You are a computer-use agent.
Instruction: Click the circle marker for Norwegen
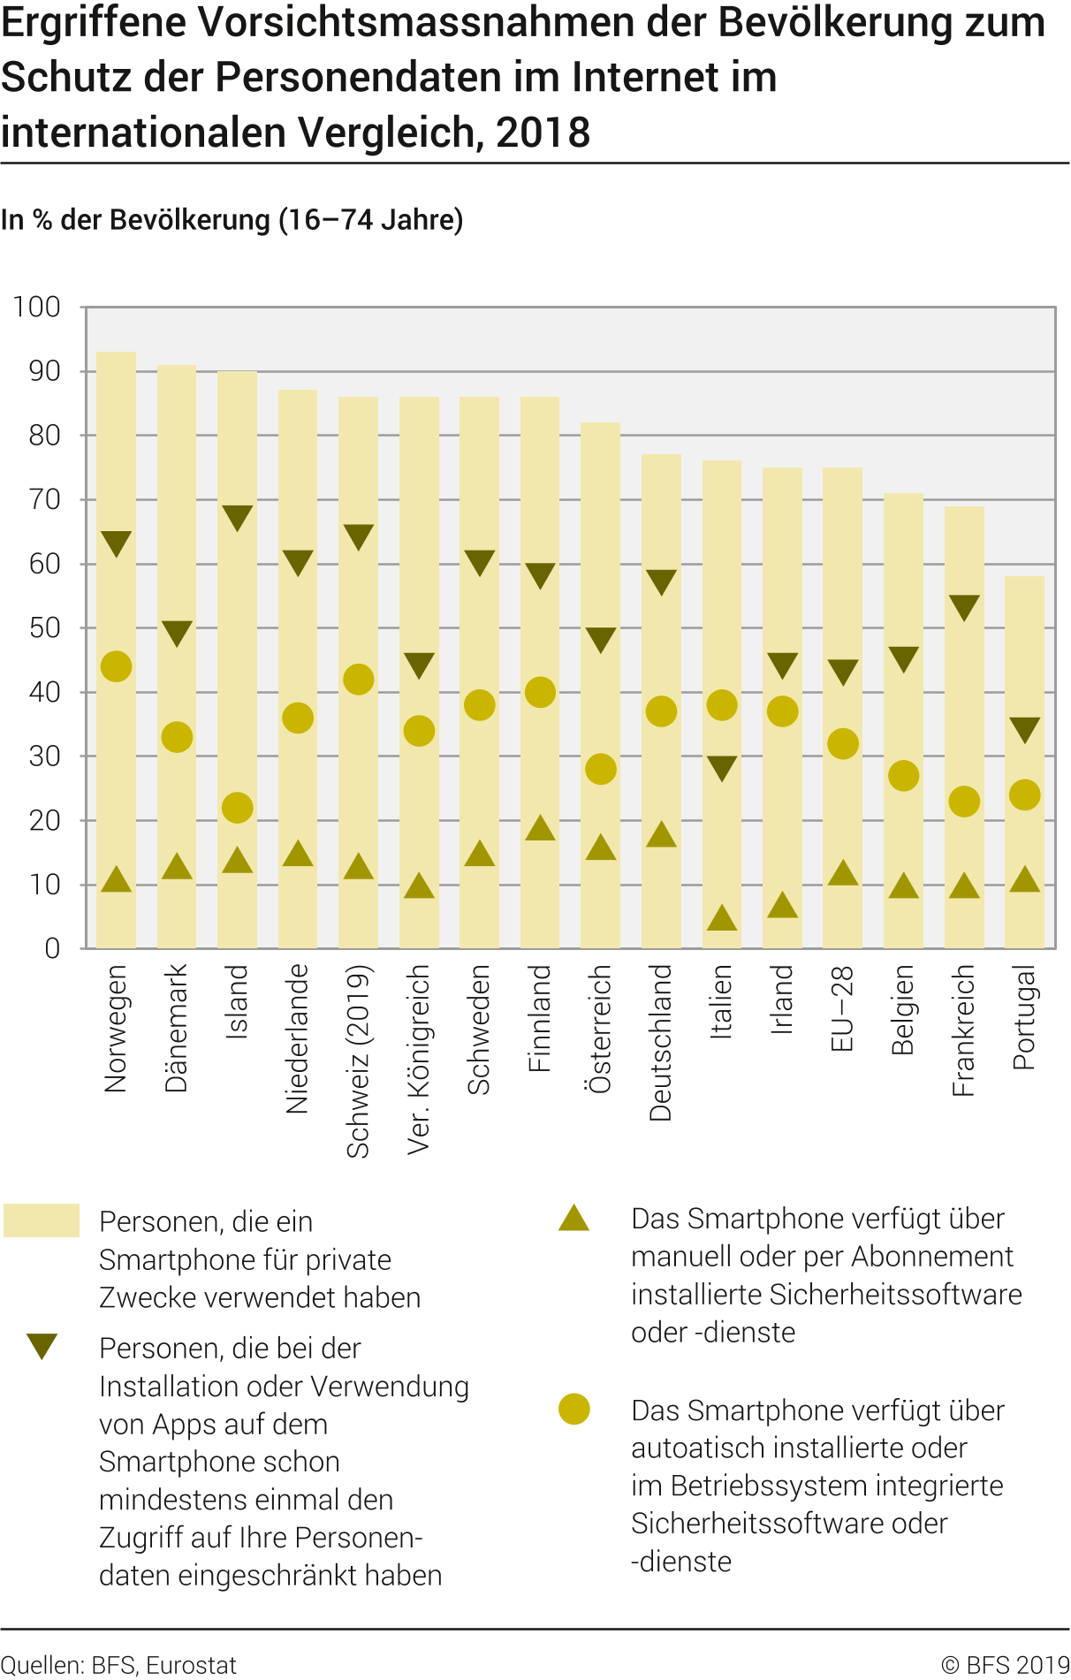coord(116,666)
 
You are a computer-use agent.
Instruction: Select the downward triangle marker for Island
coord(238,517)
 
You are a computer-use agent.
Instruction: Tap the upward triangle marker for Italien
coord(722,918)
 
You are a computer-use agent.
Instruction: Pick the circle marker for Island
coord(238,808)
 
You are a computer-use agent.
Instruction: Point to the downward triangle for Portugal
coord(1025,729)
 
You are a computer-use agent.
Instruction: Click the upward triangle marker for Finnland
coord(540,828)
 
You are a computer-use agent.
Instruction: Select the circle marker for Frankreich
coord(964,802)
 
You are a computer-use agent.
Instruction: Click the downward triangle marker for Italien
coord(722,768)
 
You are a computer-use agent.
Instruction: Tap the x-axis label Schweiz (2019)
coord(358,1061)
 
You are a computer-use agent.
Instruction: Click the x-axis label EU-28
coord(843,1008)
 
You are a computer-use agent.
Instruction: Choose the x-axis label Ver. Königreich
coord(419,1060)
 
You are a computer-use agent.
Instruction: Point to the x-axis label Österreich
coord(601,1030)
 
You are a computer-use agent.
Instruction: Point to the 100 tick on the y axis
coord(37,308)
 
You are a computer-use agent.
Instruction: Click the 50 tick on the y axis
coord(44,628)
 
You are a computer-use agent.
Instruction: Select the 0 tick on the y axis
coord(52,949)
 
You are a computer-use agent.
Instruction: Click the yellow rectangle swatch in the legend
coord(42,1220)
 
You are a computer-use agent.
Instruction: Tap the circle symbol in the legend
coord(574,1410)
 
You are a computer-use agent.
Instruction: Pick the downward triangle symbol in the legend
coord(42,1346)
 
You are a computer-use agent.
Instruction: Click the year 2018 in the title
coord(543,133)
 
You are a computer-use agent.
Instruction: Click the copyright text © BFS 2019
coord(1006,1665)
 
